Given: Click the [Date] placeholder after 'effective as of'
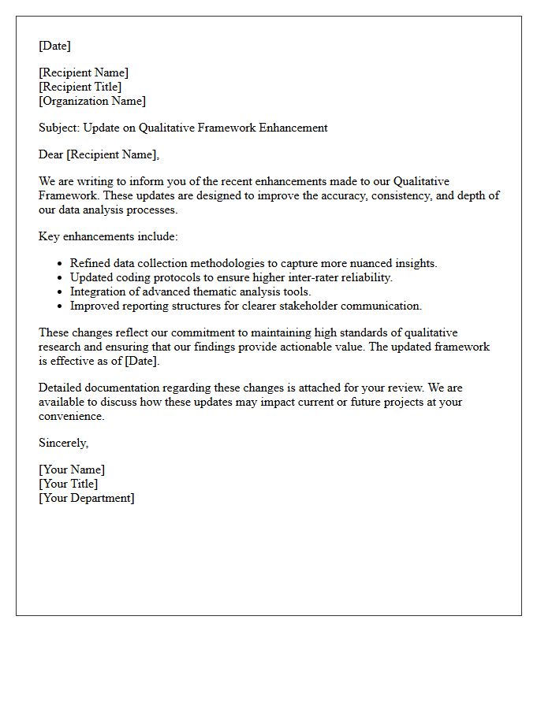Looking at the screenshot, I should (142, 361).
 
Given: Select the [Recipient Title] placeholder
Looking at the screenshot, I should (80, 87).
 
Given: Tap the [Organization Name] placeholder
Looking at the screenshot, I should (92, 101).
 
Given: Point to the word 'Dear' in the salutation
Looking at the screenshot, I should (51, 154).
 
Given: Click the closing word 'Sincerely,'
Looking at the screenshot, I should (64, 443).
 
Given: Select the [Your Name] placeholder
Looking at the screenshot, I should (72, 470).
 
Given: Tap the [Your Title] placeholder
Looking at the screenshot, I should (69, 484).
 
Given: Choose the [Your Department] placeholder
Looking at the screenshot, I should (87, 498).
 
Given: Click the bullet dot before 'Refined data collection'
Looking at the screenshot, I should (60, 264).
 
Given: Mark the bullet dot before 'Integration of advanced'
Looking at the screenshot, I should (60, 292).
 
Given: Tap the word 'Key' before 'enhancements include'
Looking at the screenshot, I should (49, 236).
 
